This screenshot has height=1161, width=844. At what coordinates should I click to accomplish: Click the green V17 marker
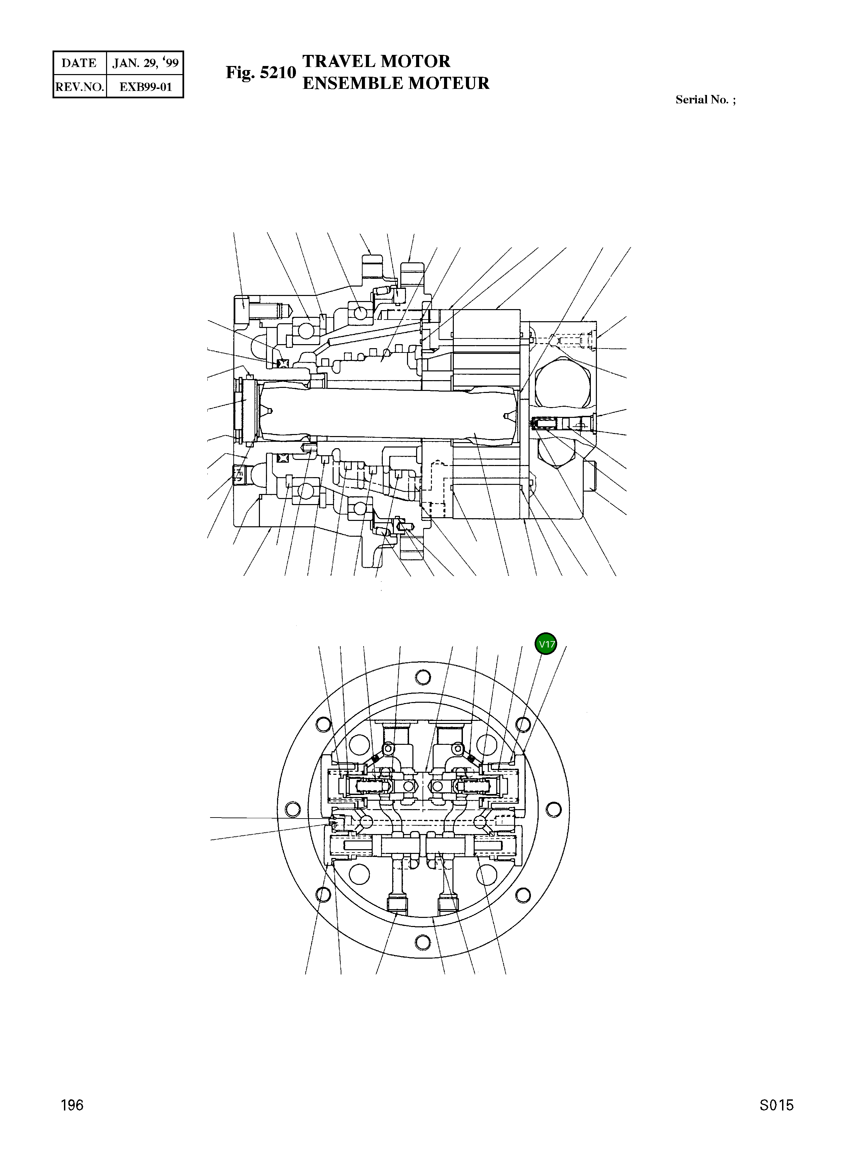(546, 644)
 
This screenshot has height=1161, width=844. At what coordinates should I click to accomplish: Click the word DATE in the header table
(79, 63)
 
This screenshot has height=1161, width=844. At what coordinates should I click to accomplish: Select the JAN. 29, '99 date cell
(145, 63)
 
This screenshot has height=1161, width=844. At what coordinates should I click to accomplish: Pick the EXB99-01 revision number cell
(145, 87)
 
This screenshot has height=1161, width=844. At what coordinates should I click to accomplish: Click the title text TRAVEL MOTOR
(376, 61)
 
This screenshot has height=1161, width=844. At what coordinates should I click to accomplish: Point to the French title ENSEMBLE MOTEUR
(396, 83)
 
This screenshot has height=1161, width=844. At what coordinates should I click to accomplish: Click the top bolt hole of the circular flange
(423, 677)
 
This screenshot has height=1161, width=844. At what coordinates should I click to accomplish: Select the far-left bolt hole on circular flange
(293, 809)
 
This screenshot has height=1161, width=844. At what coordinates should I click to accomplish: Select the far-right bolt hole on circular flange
(553, 809)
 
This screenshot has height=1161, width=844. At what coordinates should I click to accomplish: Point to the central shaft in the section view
(389, 413)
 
